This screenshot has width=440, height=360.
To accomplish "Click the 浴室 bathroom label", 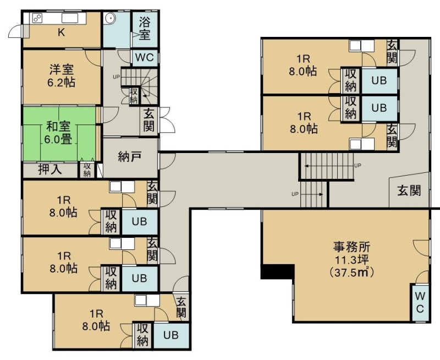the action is pos(145,29).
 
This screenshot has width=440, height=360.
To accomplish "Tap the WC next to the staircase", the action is pos(145,58).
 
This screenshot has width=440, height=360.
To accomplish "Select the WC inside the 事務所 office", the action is pos(420,302).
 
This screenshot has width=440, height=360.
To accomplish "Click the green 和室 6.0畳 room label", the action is pos(58,133).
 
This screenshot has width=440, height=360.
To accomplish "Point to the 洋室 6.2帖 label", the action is pos(62,76).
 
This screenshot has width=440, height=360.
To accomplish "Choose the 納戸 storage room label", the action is pos(129,156).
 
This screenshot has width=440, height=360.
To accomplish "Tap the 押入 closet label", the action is pos(50,170).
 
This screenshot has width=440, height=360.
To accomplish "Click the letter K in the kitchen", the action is pos(61,32).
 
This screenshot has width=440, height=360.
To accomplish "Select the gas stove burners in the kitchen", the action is pos(37,18).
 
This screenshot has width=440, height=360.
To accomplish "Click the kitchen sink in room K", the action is pos(70,18).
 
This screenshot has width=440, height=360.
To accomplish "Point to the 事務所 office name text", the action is pos(351,247).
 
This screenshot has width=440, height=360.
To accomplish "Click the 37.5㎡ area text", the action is pos(351,272).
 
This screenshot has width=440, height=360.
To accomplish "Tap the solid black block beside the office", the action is pos(277,271).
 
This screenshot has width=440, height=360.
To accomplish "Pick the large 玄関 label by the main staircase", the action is pos(409,191).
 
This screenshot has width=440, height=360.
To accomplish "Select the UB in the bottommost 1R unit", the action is pos(171,335).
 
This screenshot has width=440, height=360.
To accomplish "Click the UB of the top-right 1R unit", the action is pos(379,81).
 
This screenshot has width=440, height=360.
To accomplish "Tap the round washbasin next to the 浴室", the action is pos(109,19).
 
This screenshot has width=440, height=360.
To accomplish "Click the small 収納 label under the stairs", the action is pos(134,96).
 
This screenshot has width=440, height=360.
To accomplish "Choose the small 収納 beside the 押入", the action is pos(87,170).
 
